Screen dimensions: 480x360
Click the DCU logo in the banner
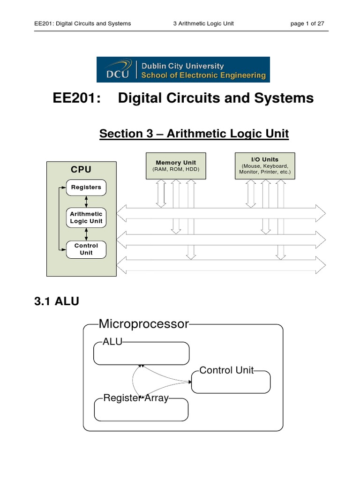115,69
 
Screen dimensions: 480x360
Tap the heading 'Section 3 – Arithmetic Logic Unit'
194,134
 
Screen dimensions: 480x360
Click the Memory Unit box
176,165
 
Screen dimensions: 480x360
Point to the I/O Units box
265,165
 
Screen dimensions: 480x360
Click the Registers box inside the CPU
86,187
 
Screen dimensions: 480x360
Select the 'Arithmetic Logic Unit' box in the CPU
86,217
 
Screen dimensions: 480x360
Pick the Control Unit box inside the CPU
86,249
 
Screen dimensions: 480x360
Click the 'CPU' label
81,169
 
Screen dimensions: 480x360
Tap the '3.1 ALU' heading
56,302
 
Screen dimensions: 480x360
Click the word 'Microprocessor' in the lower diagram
143,324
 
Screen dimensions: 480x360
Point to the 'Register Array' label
135,399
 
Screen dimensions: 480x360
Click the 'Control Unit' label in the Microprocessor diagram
226,370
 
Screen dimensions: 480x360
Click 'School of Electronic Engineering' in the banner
202,75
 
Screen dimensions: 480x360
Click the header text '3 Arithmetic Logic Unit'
203,23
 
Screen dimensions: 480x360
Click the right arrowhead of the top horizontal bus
321,213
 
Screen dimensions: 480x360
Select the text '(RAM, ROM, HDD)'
176,169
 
